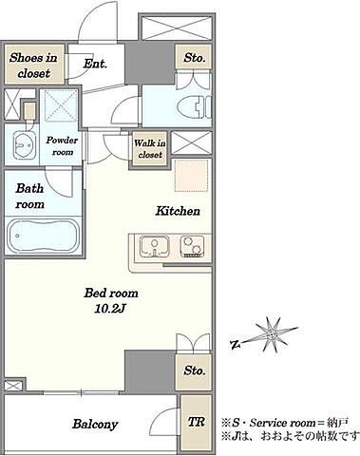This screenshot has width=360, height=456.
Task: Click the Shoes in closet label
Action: [x=33, y=66]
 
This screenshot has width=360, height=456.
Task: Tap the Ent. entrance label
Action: [x=95, y=64]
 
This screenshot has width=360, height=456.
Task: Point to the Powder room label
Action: [x=62, y=146]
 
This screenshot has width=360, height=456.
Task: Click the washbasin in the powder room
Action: [x=24, y=144]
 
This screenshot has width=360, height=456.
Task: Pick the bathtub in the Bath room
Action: [x=43, y=236]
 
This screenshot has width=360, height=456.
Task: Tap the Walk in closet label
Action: [x=150, y=148]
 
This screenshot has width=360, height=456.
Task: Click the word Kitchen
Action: [x=178, y=211]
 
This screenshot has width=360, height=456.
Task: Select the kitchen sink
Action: [x=155, y=247]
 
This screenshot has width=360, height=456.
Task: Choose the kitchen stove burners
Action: [x=192, y=247]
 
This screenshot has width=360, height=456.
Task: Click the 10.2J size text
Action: [x=110, y=309]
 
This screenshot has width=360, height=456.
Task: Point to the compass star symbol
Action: [x=272, y=334]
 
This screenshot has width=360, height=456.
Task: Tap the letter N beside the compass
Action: [x=235, y=344]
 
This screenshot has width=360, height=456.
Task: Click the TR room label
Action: [x=197, y=422]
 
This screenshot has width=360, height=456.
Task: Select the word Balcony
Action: [x=95, y=424]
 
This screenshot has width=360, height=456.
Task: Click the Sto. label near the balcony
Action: [x=194, y=370]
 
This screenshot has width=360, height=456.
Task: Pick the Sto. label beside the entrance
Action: [x=194, y=58]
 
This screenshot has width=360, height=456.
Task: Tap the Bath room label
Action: [x=29, y=197]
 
